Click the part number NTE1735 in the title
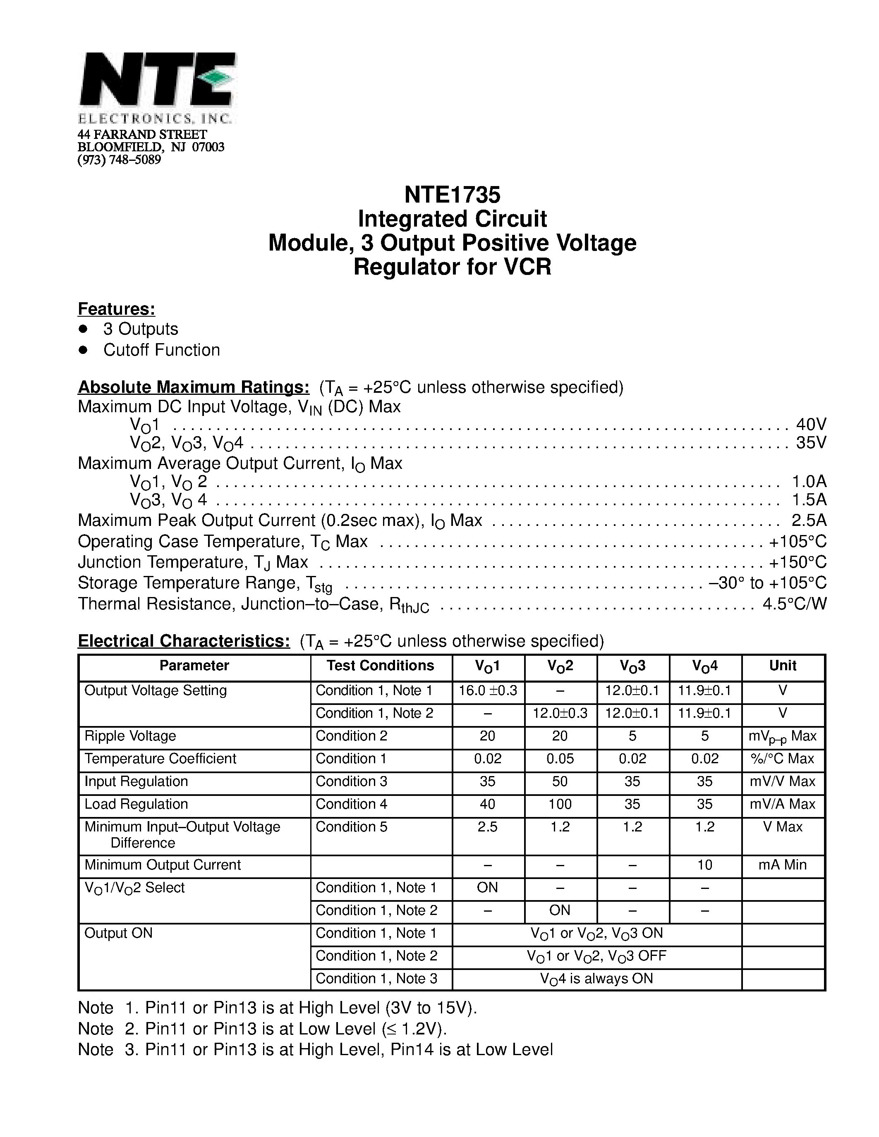(452, 195)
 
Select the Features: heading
(116, 309)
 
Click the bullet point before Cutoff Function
(82, 350)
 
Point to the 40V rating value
(811, 424)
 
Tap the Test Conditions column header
(380, 665)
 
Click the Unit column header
(782, 665)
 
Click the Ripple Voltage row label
(130, 736)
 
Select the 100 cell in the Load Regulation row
(560, 804)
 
